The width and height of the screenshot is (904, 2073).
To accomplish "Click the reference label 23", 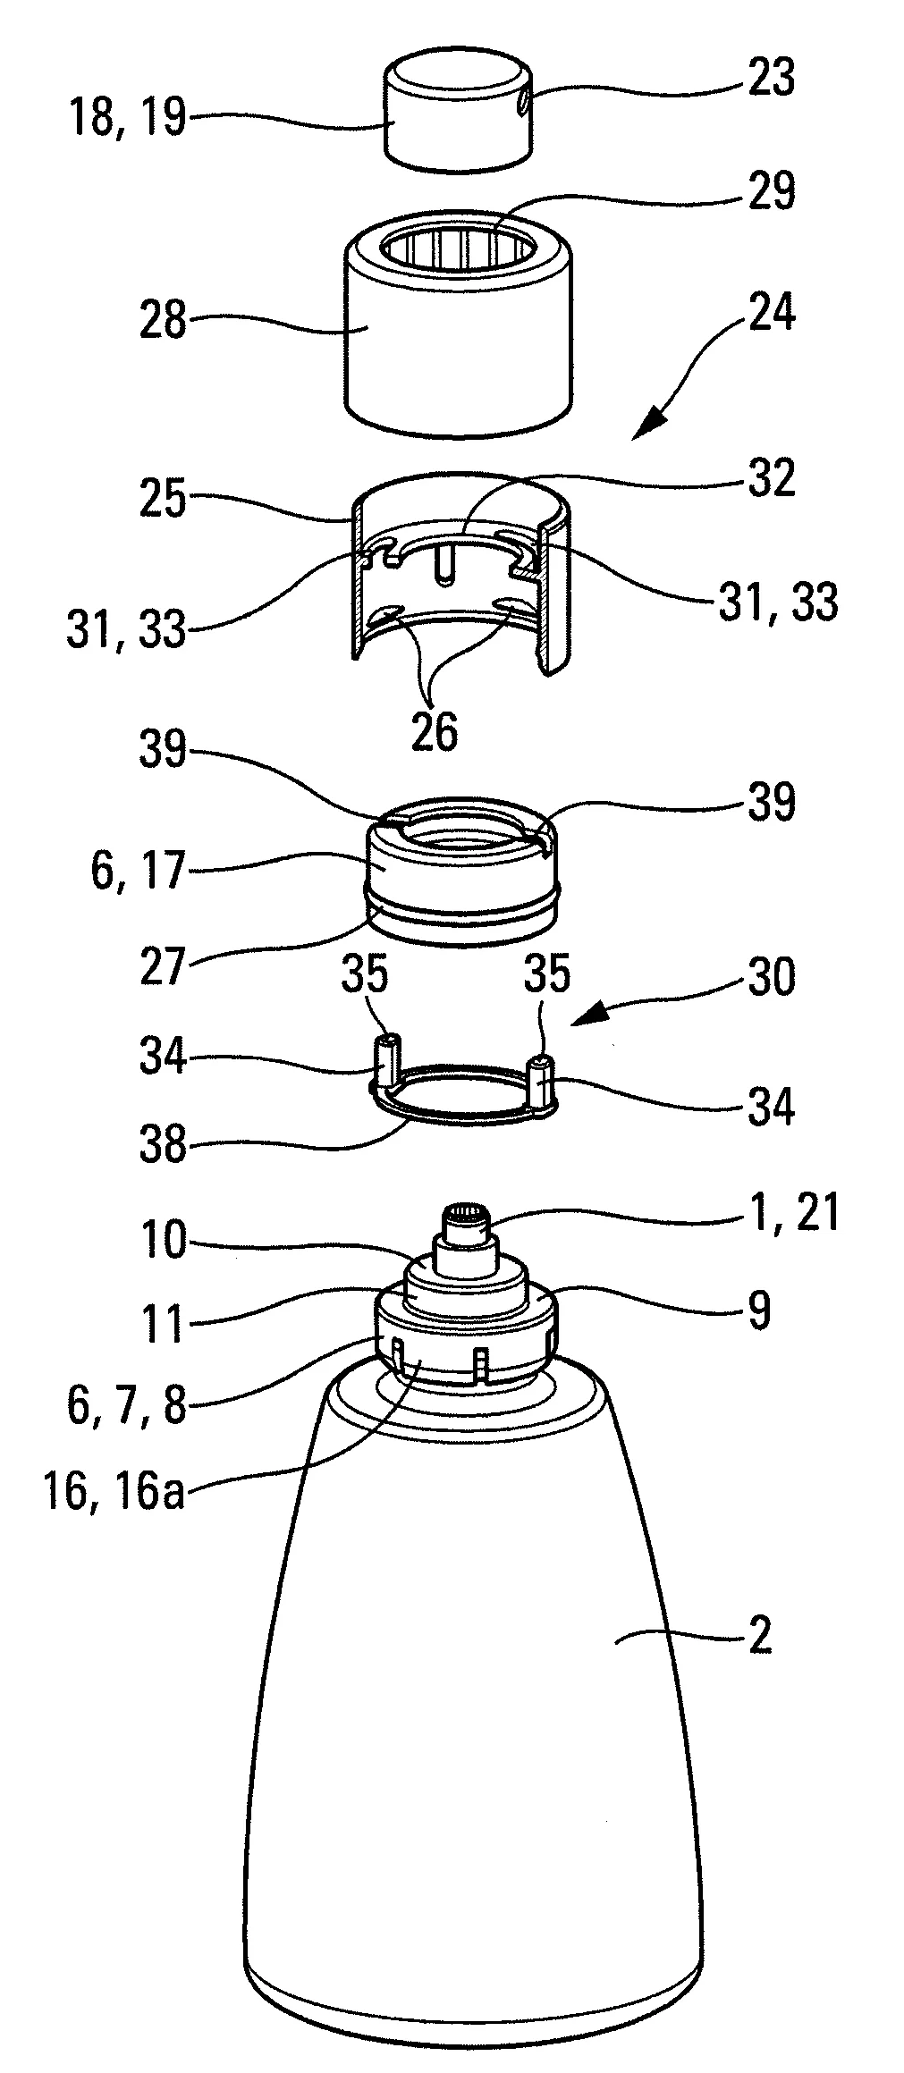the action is click(771, 78).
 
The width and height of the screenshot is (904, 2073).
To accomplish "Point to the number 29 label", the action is click(770, 191).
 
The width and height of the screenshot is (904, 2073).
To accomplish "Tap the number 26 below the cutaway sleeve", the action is click(435, 730).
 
